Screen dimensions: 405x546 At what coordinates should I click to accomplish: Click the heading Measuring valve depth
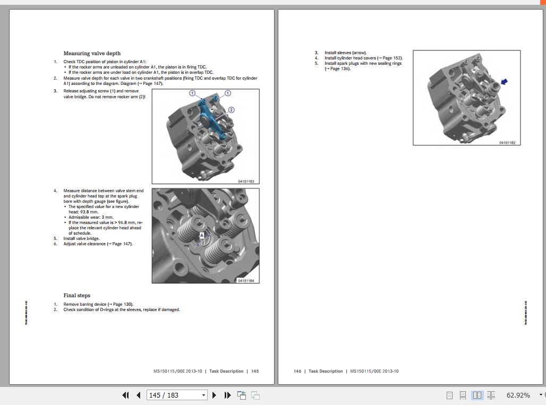coord(92,54)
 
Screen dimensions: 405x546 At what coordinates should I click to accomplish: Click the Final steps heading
coord(77,296)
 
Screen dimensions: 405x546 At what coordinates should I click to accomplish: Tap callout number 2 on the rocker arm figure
coord(231,110)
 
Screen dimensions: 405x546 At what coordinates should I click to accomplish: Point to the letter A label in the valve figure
coord(202,235)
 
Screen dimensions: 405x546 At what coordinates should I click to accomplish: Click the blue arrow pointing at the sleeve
coord(504,81)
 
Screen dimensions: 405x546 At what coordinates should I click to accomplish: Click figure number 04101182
coord(507,142)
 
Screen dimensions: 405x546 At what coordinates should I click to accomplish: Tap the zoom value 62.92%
coord(518,395)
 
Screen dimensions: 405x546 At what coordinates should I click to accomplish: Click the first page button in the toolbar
coord(126,395)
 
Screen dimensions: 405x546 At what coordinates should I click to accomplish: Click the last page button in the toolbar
coord(227,395)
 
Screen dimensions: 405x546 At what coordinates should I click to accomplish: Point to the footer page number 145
coord(255,372)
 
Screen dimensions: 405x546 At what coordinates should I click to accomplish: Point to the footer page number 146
coord(297,372)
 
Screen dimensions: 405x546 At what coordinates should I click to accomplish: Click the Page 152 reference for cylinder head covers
coord(392,58)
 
